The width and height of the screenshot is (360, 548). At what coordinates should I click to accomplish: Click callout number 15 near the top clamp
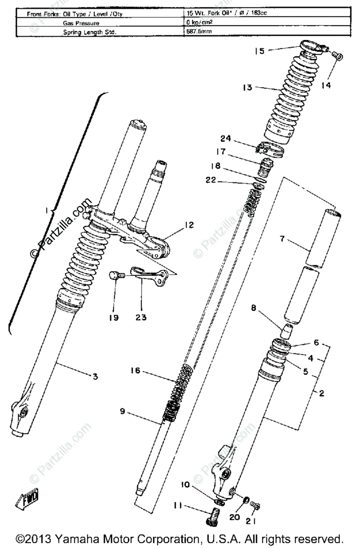(260, 51)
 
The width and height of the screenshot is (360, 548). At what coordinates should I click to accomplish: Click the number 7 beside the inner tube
(282, 239)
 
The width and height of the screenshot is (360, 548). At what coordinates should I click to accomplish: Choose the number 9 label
(122, 411)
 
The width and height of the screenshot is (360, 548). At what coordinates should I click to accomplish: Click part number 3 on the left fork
(95, 376)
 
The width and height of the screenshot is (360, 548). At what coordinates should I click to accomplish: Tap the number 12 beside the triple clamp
(189, 225)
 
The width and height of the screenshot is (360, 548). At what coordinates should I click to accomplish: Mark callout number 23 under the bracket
(141, 316)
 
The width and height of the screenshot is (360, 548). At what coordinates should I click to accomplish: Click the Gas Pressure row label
(81, 22)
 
